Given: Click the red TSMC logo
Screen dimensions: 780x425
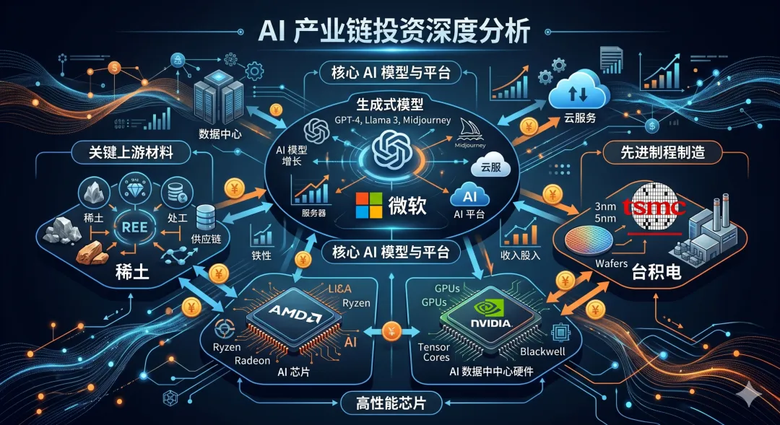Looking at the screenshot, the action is pyautogui.click(x=658, y=208).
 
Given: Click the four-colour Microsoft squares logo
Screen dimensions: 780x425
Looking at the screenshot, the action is pyautogui.click(x=367, y=205).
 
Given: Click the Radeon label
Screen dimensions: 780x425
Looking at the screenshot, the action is pyautogui.click(x=252, y=361).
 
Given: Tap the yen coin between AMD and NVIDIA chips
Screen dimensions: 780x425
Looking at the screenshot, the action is pyautogui.click(x=390, y=331).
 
